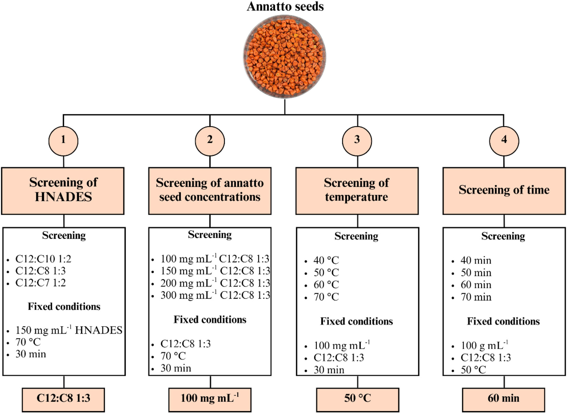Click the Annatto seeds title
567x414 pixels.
(285, 6)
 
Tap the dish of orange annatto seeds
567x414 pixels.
(285, 57)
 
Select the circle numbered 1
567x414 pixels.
(63, 141)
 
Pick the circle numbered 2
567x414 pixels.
(210, 141)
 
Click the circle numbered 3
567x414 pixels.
(357, 141)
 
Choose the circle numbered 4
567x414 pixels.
(504, 141)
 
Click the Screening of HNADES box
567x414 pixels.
(63, 191)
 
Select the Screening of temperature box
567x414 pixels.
(357, 191)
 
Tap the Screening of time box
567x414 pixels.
(504, 191)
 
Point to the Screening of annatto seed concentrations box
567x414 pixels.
(210, 191)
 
